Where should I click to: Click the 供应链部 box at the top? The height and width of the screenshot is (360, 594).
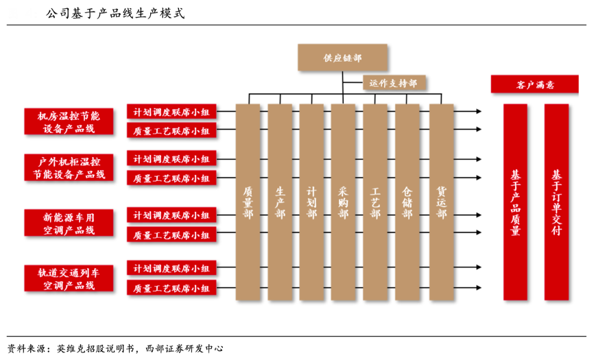point(342,58)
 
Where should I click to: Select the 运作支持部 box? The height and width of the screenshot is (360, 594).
point(394,83)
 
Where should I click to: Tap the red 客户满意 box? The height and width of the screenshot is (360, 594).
point(535,84)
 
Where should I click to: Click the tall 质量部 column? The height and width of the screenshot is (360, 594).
point(248,202)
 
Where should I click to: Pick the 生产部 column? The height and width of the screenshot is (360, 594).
point(280,202)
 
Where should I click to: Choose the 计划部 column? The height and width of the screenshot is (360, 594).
point(311,202)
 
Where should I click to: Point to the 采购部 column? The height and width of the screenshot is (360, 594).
point(343,202)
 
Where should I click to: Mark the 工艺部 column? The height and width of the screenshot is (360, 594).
point(375,202)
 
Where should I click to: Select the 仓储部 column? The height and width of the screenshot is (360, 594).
point(407,202)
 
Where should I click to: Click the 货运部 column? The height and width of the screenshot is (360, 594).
point(441,202)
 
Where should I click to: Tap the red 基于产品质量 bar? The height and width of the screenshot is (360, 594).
point(515,202)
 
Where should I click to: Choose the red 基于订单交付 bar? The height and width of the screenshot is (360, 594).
point(556,202)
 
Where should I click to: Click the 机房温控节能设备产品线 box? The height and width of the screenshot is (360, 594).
point(69,121)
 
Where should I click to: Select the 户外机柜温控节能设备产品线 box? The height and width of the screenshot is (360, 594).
point(69,168)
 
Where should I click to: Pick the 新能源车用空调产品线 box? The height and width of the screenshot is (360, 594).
point(69,223)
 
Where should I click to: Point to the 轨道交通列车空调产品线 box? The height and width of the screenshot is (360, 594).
point(69,278)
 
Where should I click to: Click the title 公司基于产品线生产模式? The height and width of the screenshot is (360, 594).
point(115,13)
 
